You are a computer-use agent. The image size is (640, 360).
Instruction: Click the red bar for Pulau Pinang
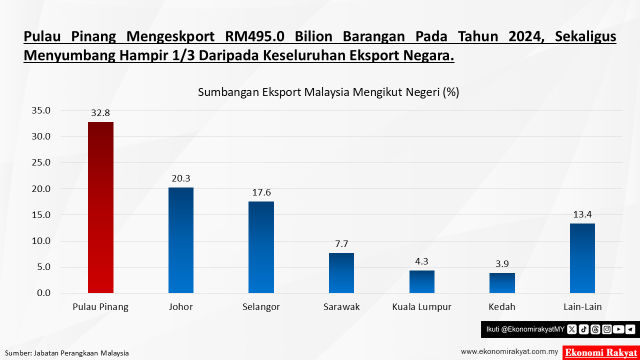click(x=100, y=207)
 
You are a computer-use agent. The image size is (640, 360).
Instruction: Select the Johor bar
click(x=180, y=240)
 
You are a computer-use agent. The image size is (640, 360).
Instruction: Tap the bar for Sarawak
click(x=341, y=273)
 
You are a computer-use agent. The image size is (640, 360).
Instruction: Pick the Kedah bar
click(x=502, y=283)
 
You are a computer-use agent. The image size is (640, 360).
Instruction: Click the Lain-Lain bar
click(x=582, y=258)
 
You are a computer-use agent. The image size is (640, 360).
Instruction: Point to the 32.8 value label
click(x=100, y=113)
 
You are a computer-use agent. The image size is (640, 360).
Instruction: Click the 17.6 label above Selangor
click(x=261, y=192)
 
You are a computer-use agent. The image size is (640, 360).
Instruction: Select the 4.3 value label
click(x=421, y=261)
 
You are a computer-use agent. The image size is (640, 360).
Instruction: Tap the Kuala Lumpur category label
click(x=421, y=307)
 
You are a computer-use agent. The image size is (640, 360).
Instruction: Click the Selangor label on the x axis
click(x=261, y=307)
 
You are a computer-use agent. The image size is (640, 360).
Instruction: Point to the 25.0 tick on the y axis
click(x=41, y=163)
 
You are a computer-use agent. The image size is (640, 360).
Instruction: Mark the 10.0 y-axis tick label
click(x=41, y=241)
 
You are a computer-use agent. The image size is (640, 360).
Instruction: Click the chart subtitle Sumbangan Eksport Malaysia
click(x=328, y=92)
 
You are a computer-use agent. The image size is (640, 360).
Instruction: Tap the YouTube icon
click(x=618, y=329)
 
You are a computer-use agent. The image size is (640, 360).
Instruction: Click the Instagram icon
click(x=607, y=329)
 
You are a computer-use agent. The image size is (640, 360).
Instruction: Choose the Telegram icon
click(x=630, y=329)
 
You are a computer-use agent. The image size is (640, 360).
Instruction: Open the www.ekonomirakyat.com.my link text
click(x=509, y=351)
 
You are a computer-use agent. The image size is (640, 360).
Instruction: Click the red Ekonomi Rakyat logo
click(x=600, y=352)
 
